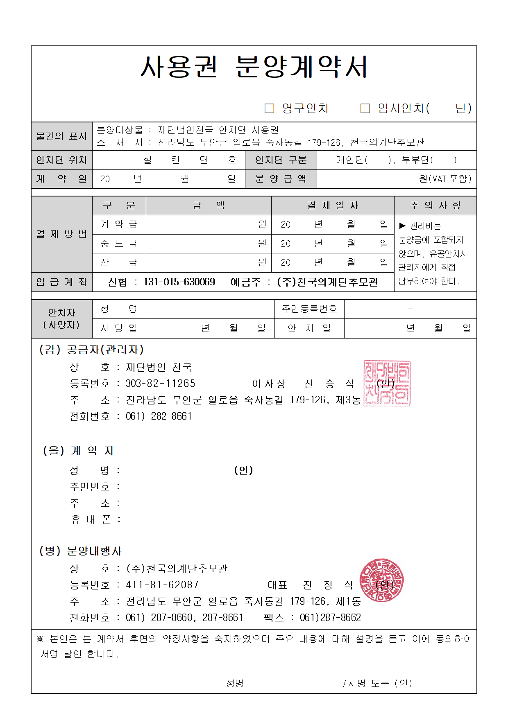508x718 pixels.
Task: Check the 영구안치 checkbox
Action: click(269, 108)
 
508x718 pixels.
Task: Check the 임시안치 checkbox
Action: click(365, 108)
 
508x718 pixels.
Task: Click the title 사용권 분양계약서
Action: click(254, 67)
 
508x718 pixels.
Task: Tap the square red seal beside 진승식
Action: click(387, 383)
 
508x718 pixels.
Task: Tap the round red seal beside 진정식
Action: click(382, 580)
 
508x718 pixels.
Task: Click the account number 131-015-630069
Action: click(179, 282)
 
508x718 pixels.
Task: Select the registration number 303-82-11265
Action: click(161, 384)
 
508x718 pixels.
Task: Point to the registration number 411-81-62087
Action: click(162, 585)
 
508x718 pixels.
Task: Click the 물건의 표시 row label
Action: click(62, 136)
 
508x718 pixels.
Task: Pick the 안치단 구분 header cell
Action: click(281, 160)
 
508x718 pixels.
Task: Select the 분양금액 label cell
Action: click(281, 179)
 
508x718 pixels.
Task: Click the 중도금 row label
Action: click(119, 244)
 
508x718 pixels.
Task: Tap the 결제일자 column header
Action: click(333, 205)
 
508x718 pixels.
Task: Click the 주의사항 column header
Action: click(435, 205)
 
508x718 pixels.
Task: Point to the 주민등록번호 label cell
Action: click(309, 309)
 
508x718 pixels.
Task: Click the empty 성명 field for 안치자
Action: click(210, 309)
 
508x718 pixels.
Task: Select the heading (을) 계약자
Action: click(78, 451)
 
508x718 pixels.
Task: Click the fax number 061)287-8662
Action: click(330, 618)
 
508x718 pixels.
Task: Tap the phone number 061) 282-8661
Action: click(159, 416)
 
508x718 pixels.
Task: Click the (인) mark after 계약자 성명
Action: click(243, 470)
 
